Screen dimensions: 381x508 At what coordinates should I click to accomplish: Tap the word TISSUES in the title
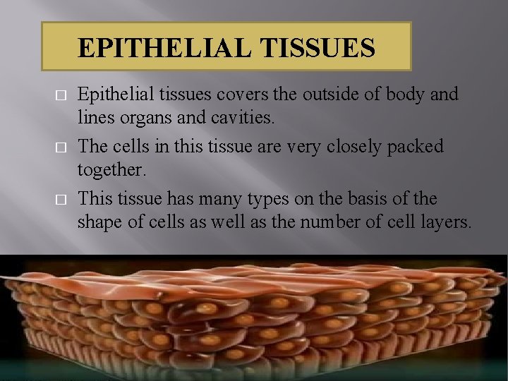tap(318, 47)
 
